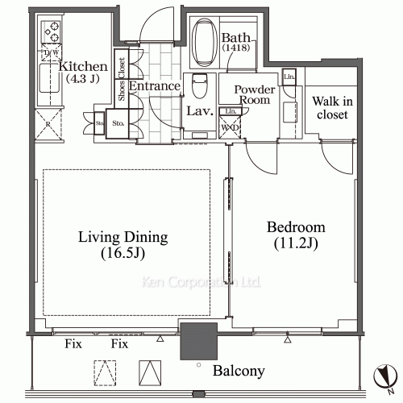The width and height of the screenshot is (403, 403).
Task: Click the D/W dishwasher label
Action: (52, 53)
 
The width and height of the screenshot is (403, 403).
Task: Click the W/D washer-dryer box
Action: (231, 126)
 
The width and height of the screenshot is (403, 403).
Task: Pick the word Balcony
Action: (239, 372)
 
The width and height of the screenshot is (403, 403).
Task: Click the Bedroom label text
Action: (296, 227)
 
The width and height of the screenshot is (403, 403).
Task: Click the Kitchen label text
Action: (82, 66)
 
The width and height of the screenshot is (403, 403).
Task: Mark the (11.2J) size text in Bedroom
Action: (295, 243)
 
